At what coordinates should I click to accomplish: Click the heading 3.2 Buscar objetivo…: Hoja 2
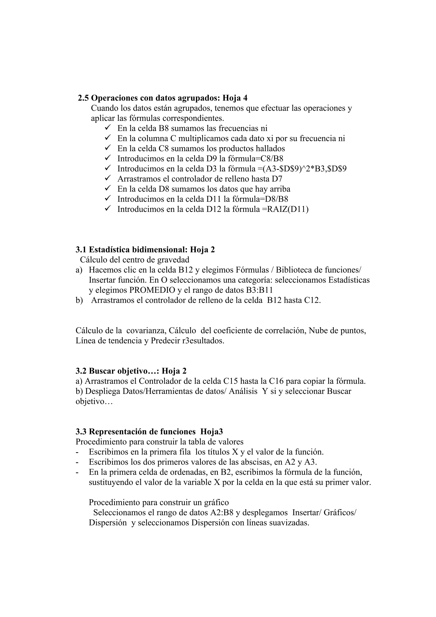131,371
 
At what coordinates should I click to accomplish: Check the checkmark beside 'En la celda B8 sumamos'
108,128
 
